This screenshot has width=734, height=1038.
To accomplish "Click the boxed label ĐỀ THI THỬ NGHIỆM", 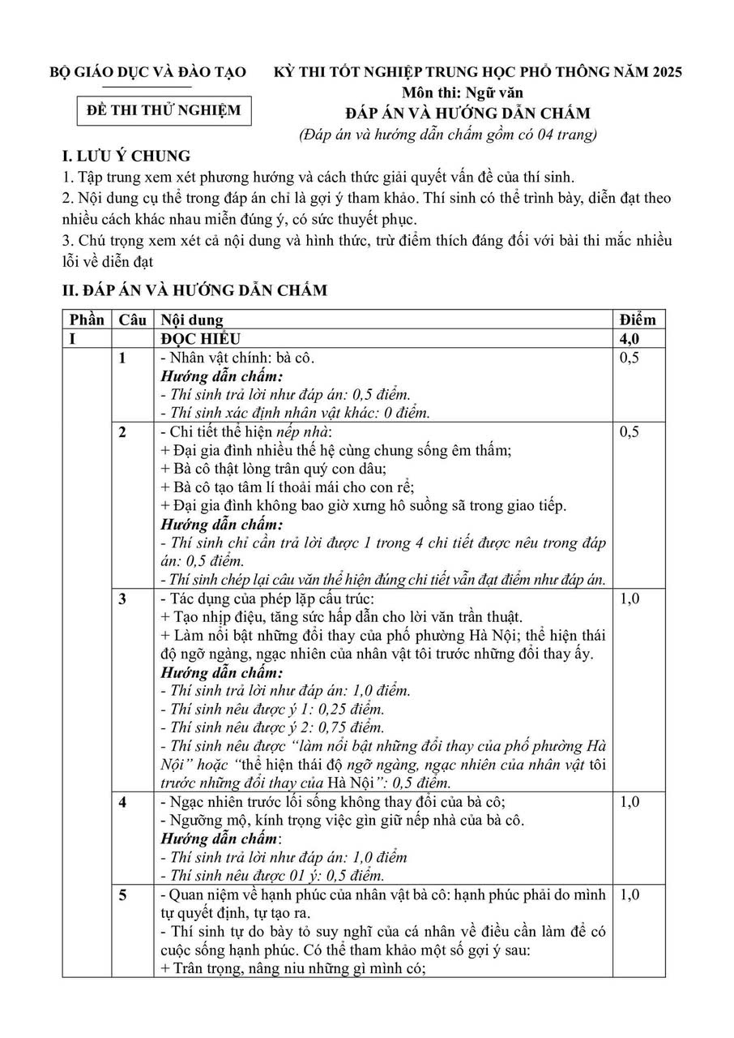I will (x=164, y=110).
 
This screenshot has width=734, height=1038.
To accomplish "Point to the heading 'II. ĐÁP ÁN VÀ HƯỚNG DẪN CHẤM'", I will (x=195, y=290).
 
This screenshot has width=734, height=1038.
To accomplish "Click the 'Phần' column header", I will (x=86, y=320).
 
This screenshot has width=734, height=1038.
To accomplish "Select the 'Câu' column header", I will (x=133, y=320).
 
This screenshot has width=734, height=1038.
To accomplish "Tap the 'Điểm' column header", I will (x=638, y=320).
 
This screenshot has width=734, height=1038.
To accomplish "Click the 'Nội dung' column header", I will (x=193, y=320).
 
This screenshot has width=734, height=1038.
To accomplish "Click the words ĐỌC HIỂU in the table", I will (x=200, y=339).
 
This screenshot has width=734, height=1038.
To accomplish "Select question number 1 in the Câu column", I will (x=123, y=358).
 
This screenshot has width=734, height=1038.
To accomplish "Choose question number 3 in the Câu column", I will (x=123, y=599).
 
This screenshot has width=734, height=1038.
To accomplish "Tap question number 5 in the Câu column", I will (x=123, y=896).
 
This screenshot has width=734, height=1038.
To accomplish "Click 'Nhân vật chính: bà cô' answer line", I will (x=238, y=358).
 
